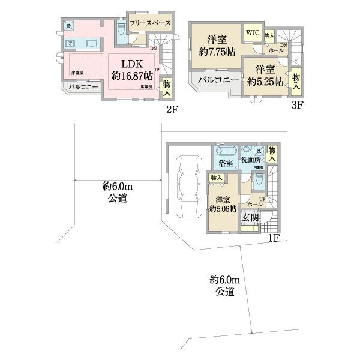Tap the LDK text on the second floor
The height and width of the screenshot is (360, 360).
(x=133, y=64)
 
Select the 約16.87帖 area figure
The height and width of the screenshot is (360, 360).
(x=133, y=76)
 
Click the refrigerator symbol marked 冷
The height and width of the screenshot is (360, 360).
(x=70, y=26)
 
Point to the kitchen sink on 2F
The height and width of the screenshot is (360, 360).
(x=92, y=43)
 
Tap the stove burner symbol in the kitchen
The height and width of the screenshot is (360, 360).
(x=70, y=43)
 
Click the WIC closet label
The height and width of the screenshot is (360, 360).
(x=251, y=32)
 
